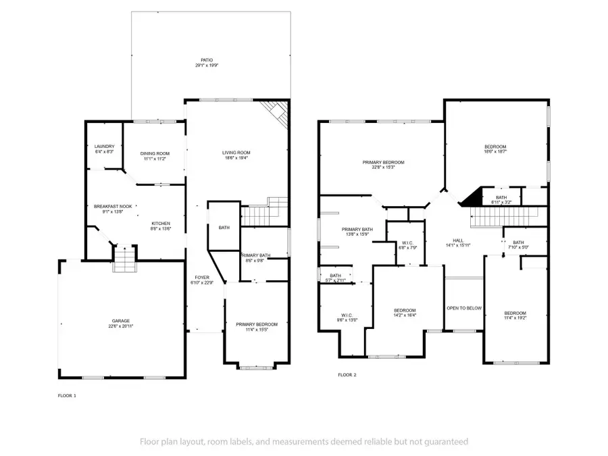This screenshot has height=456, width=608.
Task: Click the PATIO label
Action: coord(211,60)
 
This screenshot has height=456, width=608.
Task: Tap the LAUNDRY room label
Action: coord(104,147)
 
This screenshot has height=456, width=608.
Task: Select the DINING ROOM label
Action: coord(155,153)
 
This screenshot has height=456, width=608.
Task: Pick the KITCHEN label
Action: coord(160,224)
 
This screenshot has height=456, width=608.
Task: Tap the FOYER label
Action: coord(202,278)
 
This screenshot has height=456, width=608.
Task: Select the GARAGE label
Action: coord(121,321)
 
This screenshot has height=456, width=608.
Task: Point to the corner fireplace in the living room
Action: coord(276,113)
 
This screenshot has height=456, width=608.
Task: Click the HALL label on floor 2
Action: coord(457,240)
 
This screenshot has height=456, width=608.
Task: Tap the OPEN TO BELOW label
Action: coord(464,308)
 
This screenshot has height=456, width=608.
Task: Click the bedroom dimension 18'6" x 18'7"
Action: coord(495,153)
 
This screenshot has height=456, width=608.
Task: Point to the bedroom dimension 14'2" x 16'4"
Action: coord(405,315)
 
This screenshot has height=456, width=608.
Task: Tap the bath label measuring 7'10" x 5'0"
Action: coord(517,247)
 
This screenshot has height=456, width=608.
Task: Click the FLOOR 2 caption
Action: coord(347,374)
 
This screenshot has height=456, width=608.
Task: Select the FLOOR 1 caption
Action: coord(67,395)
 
